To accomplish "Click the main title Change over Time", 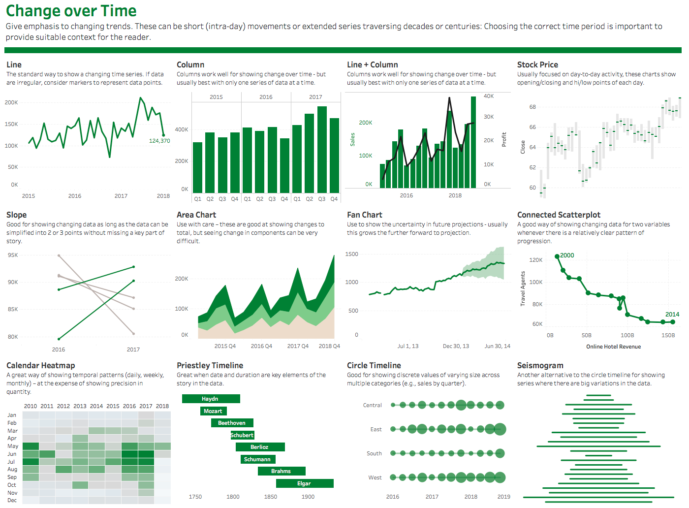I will click(x=71, y=11).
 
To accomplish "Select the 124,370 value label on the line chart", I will click(x=159, y=141).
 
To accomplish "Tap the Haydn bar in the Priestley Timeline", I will click(x=211, y=399).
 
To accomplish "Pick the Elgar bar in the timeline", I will click(x=304, y=483).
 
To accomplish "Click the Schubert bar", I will click(x=242, y=435).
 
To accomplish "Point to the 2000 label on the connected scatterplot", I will click(x=567, y=255).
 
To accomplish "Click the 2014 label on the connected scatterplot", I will click(x=672, y=315).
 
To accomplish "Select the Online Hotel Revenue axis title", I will click(x=613, y=347).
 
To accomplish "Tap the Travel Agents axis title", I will click(x=523, y=289).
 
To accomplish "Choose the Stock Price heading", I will click(x=537, y=64).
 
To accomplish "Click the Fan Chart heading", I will click(x=364, y=215).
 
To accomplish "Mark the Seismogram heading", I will click(x=540, y=365).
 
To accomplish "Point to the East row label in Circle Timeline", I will click(x=376, y=429).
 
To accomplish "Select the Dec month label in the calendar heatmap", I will click(x=12, y=500).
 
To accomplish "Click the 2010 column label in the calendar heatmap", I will click(x=31, y=406).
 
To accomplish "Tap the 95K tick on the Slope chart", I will click(x=13, y=255).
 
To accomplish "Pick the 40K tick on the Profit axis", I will click(x=489, y=96).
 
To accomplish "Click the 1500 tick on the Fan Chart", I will click(x=352, y=254).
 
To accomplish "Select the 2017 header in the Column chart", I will click(x=315, y=97).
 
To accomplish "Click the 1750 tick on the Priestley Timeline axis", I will click(x=195, y=497).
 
